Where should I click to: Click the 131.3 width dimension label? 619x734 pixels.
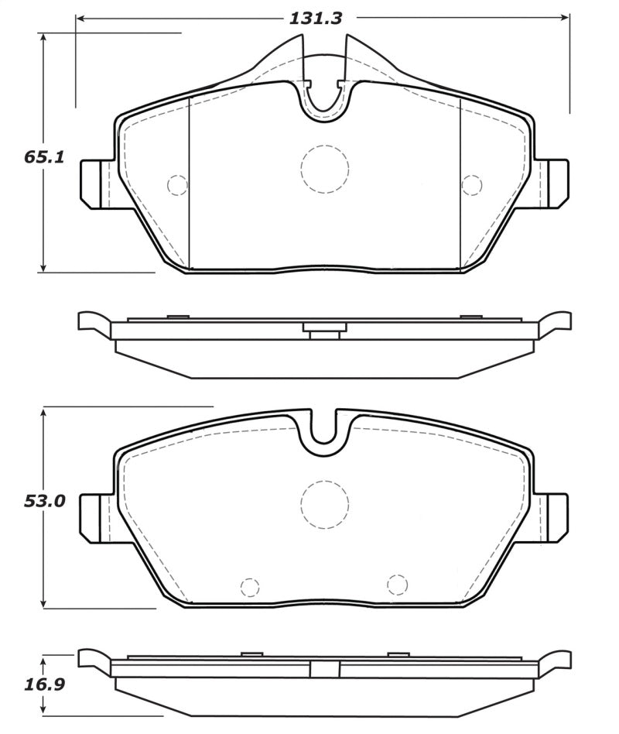(316, 18)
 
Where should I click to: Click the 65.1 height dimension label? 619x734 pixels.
(43, 157)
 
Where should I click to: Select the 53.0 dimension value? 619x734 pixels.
(43, 501)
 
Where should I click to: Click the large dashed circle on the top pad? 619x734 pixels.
(324, 170)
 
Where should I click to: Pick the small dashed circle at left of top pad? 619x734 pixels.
(178, 185)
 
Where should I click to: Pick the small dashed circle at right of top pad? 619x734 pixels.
(470, 185)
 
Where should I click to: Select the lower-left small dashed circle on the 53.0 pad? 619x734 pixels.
(250, 588)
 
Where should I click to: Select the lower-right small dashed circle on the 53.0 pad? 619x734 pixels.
(397, 585)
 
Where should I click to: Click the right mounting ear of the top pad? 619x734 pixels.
(554, 183)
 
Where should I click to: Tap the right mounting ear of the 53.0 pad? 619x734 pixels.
(554, 518)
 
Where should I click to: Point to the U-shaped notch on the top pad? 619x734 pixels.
(325, 97)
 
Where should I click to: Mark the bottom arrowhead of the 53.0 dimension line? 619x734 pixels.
(44, 602)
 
